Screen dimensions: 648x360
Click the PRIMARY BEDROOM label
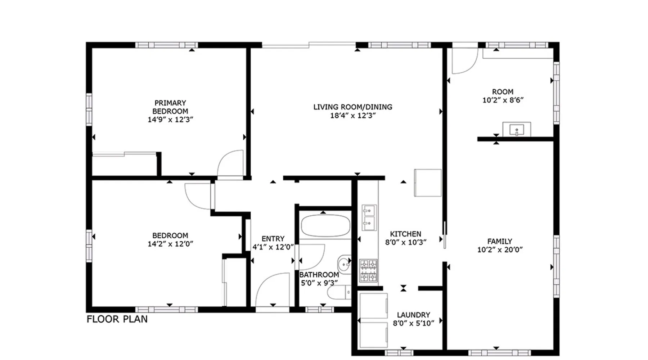170,107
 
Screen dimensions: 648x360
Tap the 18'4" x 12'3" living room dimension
353,116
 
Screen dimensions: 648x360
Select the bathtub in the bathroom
325,226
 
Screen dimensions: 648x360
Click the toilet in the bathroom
339,292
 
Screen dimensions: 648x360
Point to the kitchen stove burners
369,270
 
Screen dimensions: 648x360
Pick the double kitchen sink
369,217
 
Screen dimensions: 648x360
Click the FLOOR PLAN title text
117,319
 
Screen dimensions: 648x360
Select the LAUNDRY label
413,315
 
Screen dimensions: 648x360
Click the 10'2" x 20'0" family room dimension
500,249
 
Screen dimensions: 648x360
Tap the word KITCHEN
405,234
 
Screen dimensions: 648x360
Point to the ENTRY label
273,239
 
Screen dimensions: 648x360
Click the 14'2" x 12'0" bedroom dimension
170,244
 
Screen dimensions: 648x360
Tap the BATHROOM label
319,275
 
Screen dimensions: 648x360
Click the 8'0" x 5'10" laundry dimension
413,323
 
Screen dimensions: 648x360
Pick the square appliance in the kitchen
428,183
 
